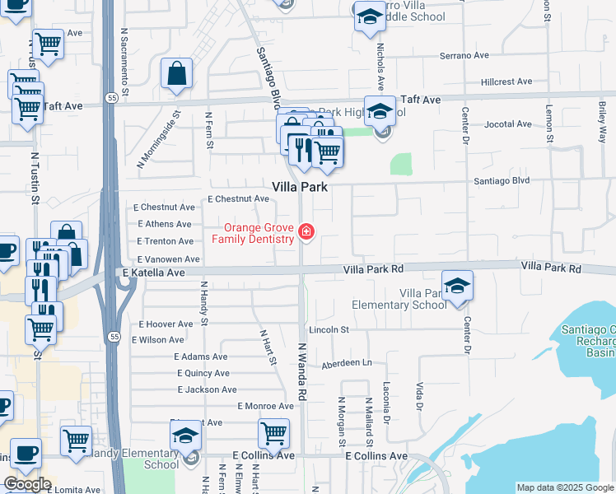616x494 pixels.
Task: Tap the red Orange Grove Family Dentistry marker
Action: (306, 231)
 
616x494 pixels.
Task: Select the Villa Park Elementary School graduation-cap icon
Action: (458, 286)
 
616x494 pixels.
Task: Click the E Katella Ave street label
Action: (154, 272)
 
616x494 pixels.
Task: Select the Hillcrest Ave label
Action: (507, 82)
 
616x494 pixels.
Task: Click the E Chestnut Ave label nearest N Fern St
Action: (238, 199)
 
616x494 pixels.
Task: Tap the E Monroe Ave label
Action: (265, 406)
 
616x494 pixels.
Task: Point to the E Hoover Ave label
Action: (166, 324)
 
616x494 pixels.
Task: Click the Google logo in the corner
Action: (27, 484)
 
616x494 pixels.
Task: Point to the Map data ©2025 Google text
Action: (565, 487)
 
